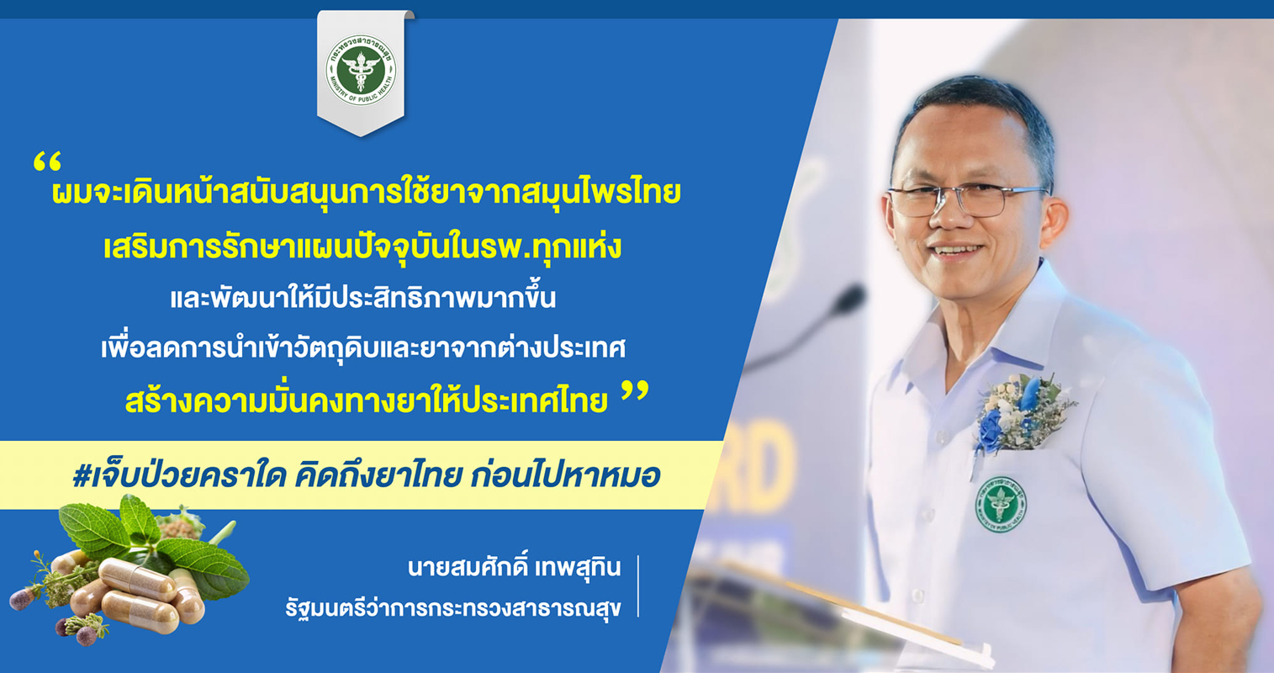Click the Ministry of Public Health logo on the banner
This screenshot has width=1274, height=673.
pyautogui.click(x=361, y=71)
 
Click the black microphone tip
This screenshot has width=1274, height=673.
pyautogui.click(x=849, y=298)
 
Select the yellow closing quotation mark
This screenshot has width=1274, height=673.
pyautogui.click(x=635, y=393)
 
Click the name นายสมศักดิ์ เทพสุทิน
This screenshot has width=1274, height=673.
pyautogui.click(x=514, y=567)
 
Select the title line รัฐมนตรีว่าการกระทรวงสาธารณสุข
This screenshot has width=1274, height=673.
pyautogui.click(x=453, y=608)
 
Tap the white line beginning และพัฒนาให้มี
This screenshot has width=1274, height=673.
pyautogui.click(x=363, y=298)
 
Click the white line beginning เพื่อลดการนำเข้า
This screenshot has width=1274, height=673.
pyautogui.click(x=363, y=347)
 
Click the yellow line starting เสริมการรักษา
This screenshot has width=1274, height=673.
pyautogui.click(x=362, y=246)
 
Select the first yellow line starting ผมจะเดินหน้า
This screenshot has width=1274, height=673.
pyautogui.click(x=367, y=193)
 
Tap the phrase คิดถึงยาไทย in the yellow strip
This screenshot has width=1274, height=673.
pyautogui.click(x=377, y=475)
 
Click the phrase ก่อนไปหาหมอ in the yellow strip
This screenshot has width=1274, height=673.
pyautogui.click(x=565, y=475)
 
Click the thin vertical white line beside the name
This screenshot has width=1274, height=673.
pyautogui.click(x=639, y=586)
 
